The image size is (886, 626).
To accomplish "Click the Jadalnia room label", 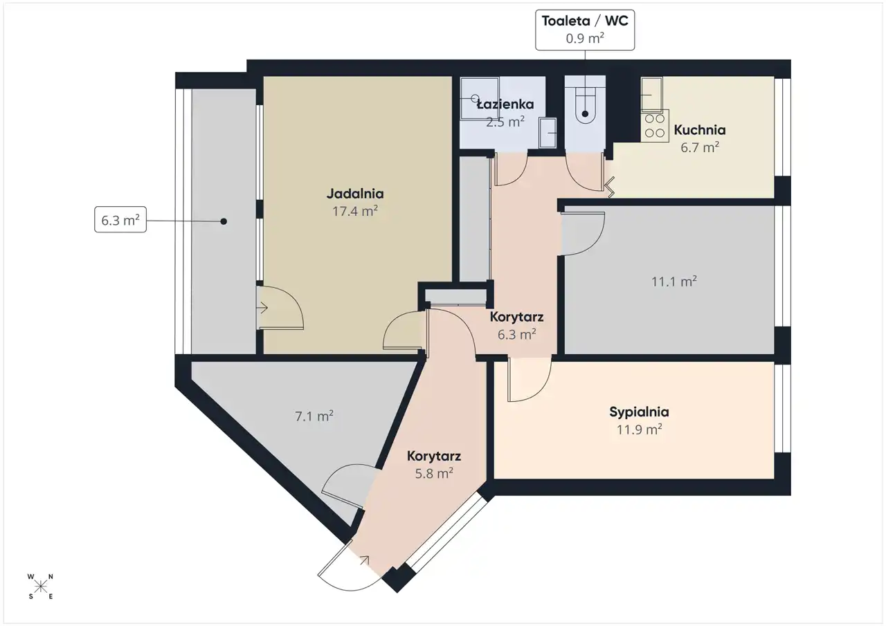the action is (355, 194).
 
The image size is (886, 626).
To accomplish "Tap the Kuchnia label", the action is (700, 129).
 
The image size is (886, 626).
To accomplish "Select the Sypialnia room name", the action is (639, 412).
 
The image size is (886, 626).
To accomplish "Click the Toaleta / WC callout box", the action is (585, 30).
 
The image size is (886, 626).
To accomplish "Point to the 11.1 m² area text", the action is (674, 282).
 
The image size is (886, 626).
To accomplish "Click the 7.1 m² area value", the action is (314, 416).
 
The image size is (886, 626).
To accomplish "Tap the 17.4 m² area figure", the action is (355, 211).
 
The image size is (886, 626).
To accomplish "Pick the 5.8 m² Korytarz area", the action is (434, 473).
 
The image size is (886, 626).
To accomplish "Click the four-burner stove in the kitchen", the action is (655, 126).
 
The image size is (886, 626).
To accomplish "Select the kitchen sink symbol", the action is (651, 95).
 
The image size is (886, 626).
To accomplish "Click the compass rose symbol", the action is (40, 587).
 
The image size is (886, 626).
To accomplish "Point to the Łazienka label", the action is (505, 104).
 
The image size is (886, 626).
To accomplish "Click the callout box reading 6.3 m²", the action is (120, 219).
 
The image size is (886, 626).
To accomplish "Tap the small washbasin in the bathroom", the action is (548, 133).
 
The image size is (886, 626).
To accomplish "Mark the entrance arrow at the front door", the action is (364, 560).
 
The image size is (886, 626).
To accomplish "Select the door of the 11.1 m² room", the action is (583, 234).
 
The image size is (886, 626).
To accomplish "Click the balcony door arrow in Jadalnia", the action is (262, 308).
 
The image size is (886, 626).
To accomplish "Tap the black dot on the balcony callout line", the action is (224, 221).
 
